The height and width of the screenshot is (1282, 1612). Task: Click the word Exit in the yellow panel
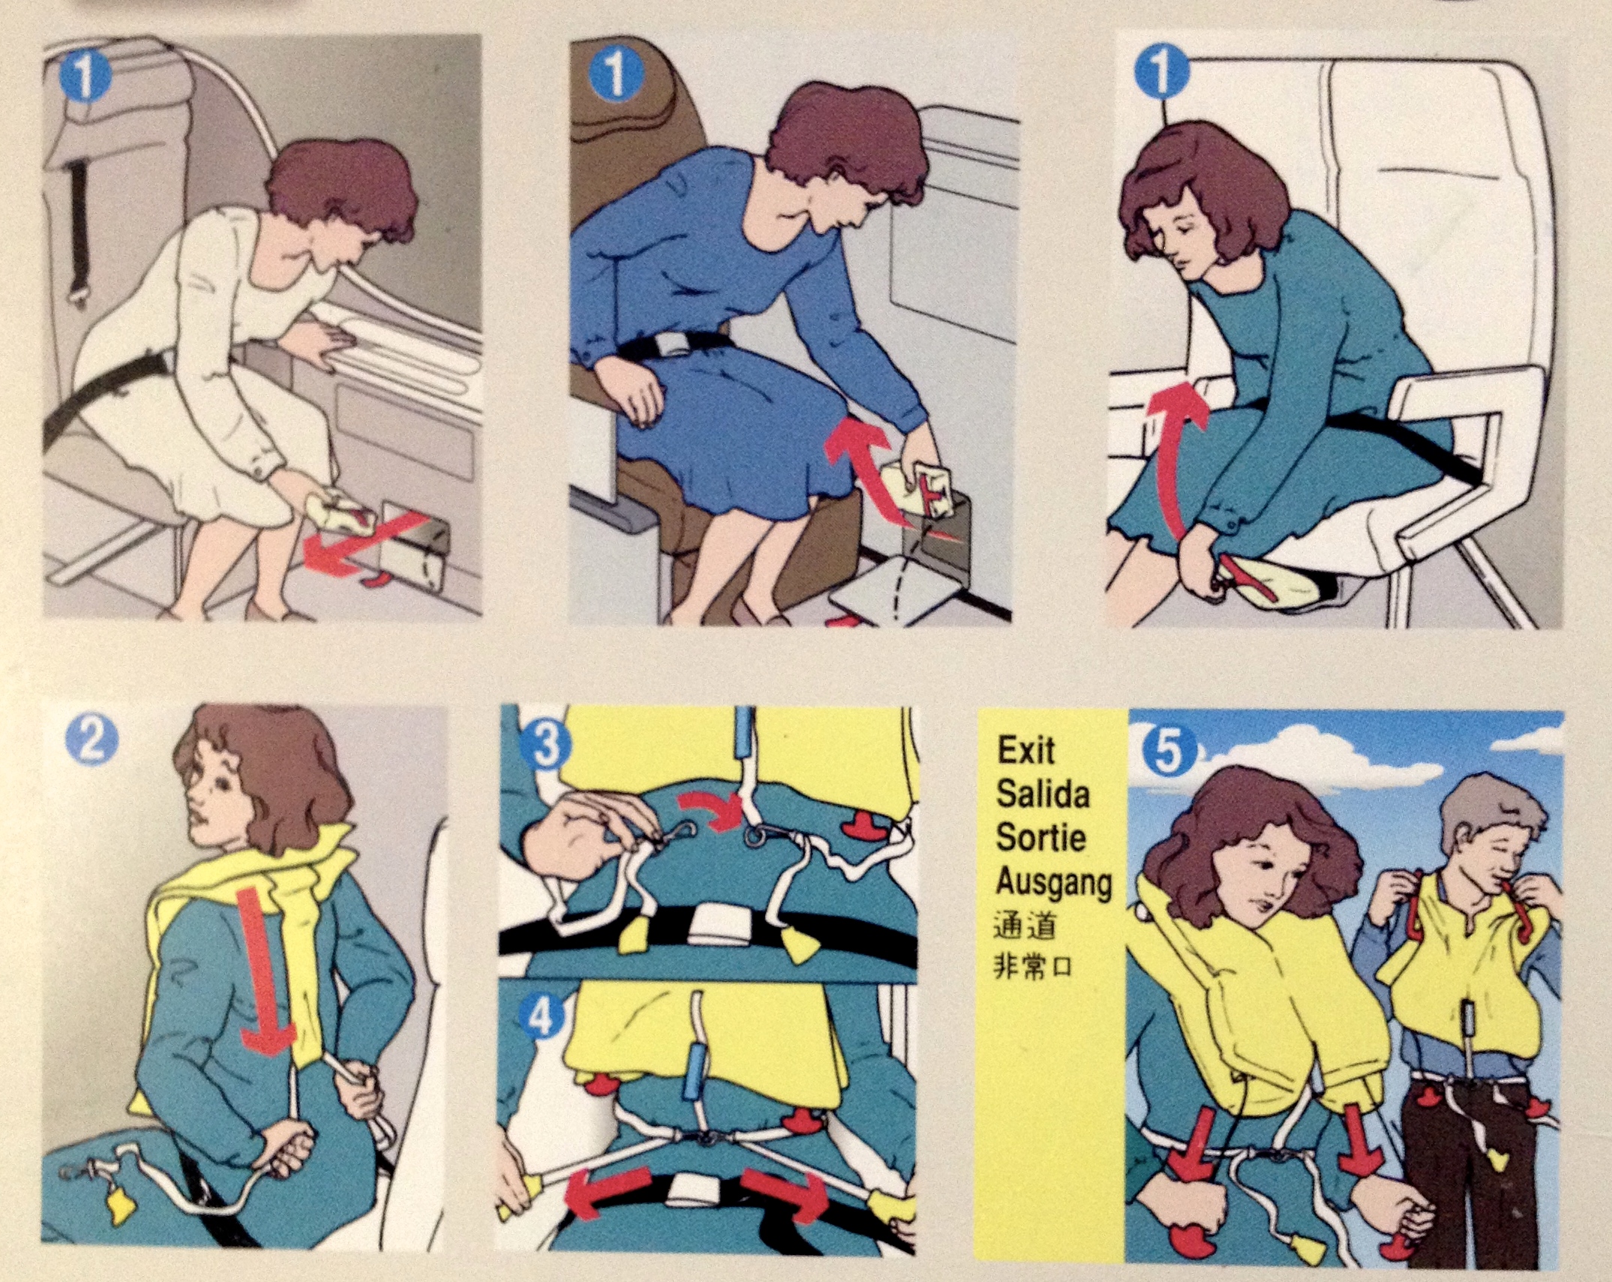tap(1025, 750)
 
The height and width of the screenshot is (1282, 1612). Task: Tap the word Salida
tap(1043, 794)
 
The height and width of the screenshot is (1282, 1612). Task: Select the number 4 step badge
tap(545, 1018)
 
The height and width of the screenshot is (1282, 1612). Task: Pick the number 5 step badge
tap(1168, 752)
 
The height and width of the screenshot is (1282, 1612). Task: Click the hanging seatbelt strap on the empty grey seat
tap(75, 233)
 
